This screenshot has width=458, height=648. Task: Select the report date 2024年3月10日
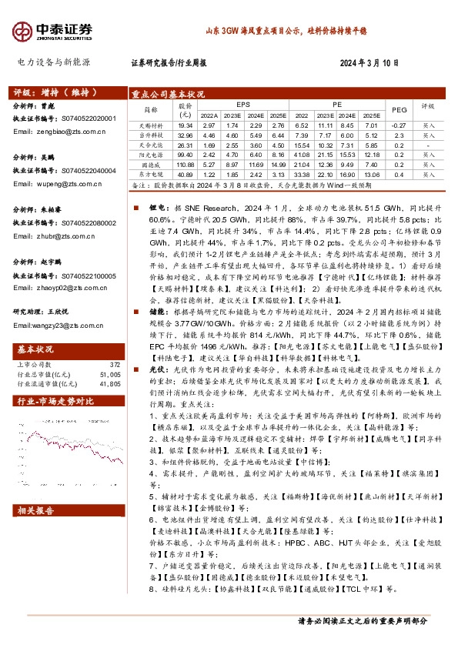(369, 64)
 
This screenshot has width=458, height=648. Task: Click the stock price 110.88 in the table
(185, 165)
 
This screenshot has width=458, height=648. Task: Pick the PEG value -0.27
(399, 125)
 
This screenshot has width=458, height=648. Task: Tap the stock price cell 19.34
(185, 125)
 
